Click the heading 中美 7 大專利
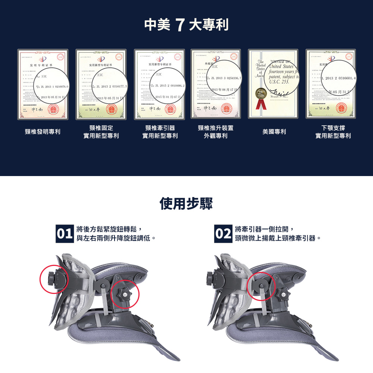pos(186,25)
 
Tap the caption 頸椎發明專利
pos(43,132)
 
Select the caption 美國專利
pos(274,132)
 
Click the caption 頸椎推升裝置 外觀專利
pos(216,132)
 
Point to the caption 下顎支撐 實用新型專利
pos(333,132)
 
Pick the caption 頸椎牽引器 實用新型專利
pos(160,132)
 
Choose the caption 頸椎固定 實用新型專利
pos(101,132)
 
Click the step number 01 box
pos(64,234)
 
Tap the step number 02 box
pos(223,234)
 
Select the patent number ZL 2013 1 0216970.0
pos(52,87)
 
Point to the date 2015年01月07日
pos(167,97)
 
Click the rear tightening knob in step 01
pos(52,276)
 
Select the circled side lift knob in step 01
pos(125,294)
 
